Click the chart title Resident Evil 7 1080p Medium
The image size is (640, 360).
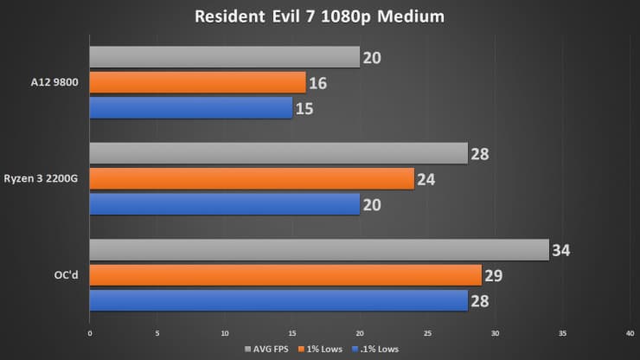[x=320, y=16]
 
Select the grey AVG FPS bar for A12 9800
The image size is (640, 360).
[x=224, y=57]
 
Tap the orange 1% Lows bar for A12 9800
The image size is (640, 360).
[x=197, y=82]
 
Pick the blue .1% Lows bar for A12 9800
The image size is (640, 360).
[x=190, y=107]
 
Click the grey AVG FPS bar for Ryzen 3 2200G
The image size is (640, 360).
[x=278, y=153]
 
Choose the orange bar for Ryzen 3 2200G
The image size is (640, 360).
[x=252, y=178]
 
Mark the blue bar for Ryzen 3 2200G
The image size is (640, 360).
[x=224, y=203]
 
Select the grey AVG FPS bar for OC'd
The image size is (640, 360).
[x=319, y=250]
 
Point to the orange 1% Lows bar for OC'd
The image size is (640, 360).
[x=285, y=275]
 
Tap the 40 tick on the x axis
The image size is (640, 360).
[x=630, y=331]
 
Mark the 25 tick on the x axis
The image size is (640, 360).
[x=427, y=331]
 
